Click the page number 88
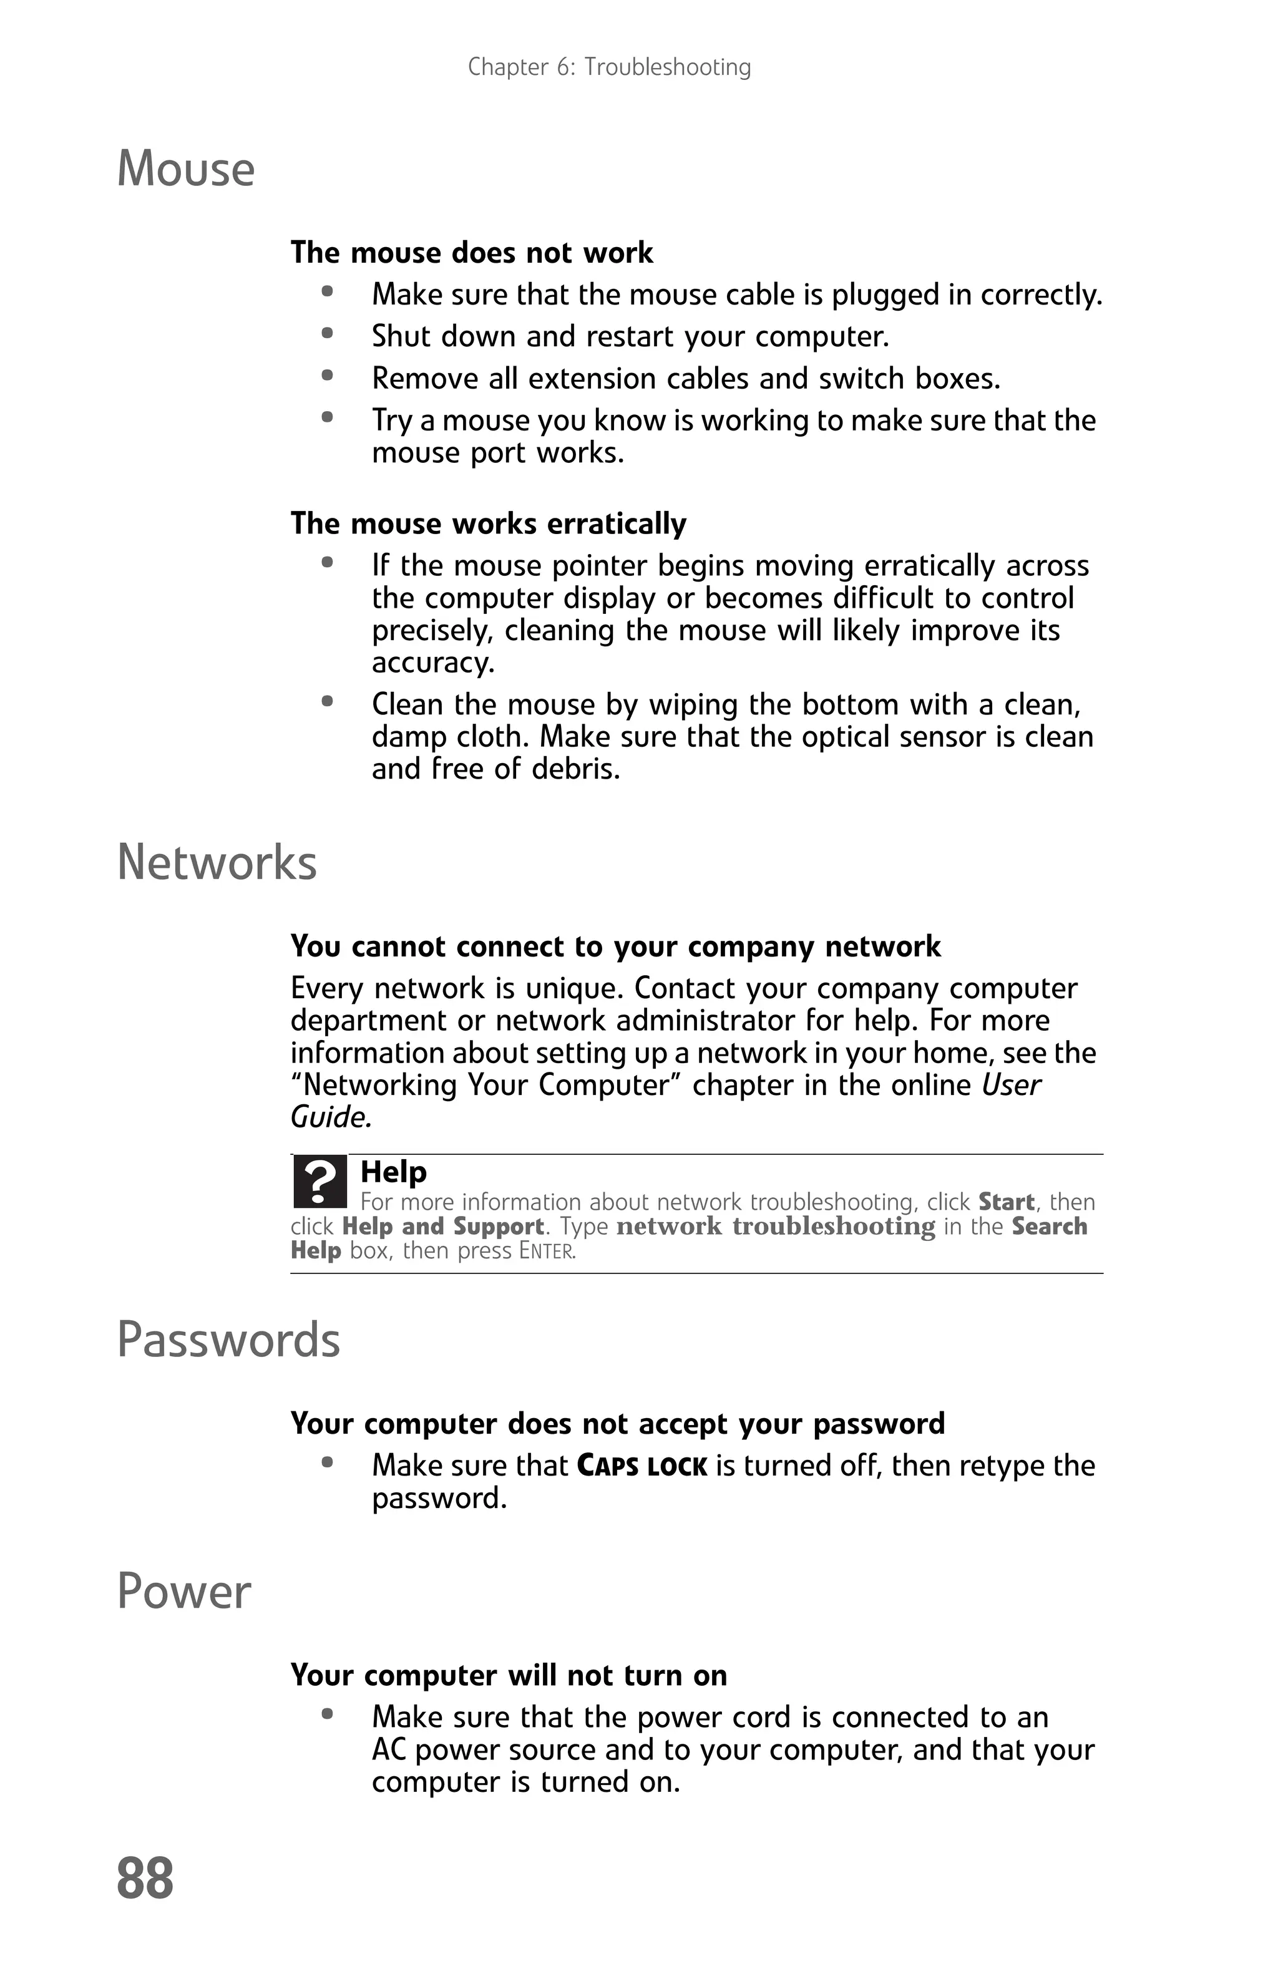(145, 1878)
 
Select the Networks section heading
(217, 863)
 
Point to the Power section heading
(184, 1592)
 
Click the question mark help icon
(319, 1181)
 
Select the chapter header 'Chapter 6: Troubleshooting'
(608, 67)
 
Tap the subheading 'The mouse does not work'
(471, 253)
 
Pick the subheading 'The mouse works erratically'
(487, 524)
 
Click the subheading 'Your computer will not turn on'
(509, 1675)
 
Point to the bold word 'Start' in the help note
(1006, 1202)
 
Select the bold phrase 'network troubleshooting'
(776, 1227)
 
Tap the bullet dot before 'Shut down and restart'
(328, 333)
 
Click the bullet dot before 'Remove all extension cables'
(328, 376)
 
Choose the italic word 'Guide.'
(331, 1117)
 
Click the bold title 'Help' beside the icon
(393, 1172)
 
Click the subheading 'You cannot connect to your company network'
(615, 946)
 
